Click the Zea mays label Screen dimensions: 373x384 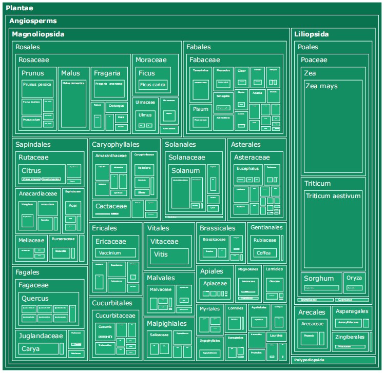pos(321,86)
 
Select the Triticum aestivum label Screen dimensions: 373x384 pos(333,196)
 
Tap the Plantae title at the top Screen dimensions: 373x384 pos(20,8)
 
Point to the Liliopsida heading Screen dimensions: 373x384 pos(312,34)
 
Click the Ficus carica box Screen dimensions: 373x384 pos(152,85)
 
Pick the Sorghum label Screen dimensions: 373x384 pos(319,279)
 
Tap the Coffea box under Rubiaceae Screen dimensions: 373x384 pos(263,253)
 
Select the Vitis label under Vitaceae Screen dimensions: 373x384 pos(161,254)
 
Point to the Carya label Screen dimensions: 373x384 pos(31,349)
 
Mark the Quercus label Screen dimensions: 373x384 pos(35,298)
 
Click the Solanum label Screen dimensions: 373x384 pos(185,170)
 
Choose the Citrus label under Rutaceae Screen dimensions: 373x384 pos(31,170)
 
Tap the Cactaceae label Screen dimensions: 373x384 pos(111,206)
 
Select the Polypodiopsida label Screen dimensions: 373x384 pos(310,361)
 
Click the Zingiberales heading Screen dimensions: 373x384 pos(350,337)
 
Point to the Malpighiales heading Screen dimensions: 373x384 pos(166,324)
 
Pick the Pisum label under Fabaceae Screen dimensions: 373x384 pos(201,109)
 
